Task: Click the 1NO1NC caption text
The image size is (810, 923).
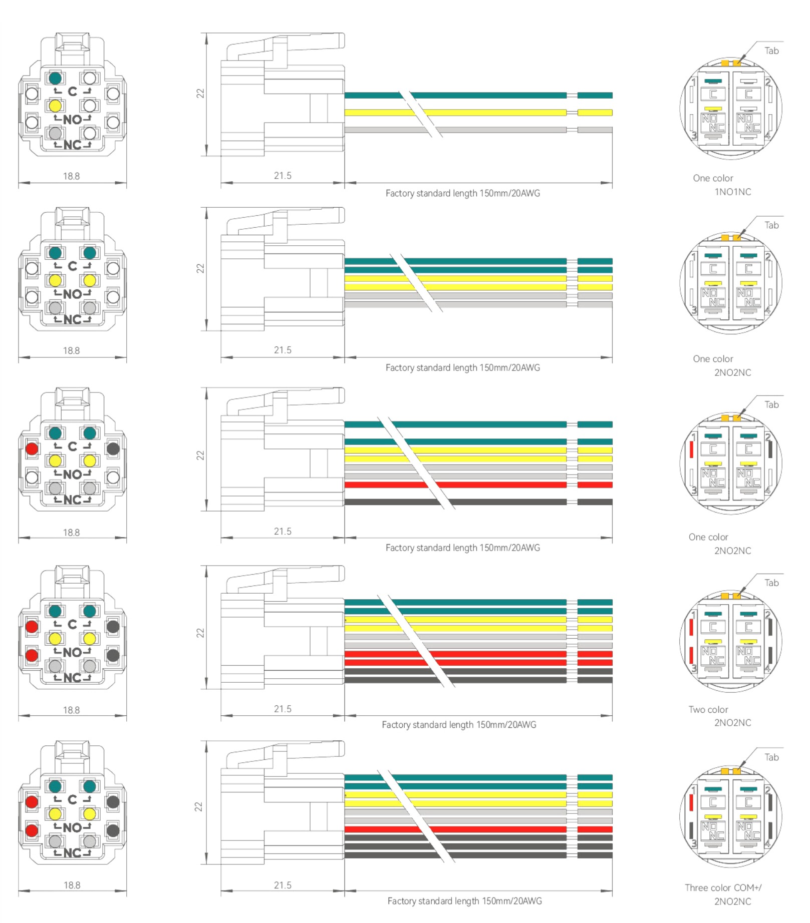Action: (732, 192)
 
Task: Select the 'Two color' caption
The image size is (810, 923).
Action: (708, 709)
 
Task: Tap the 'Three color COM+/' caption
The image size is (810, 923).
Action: (723, 887)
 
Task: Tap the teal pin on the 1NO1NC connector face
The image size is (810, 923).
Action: (55, 78)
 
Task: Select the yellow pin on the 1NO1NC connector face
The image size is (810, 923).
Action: (55, 106)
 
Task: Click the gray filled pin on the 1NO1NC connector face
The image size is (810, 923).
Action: (55, 134)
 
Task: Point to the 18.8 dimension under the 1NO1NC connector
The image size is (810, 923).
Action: (71, 176)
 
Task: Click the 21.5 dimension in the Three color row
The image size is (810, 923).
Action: (283, 885)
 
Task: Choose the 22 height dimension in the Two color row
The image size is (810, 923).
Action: (200, 633)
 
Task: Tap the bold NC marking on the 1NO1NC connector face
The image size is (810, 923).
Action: (73, 145)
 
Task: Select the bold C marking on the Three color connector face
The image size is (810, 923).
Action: (73, 799)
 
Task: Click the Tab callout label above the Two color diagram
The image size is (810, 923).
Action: (771, 583)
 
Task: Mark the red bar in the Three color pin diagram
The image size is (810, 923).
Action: (691, 802)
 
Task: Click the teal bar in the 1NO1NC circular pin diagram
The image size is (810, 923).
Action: (713, 81)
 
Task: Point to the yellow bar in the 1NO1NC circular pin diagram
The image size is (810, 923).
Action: (713, 109)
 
